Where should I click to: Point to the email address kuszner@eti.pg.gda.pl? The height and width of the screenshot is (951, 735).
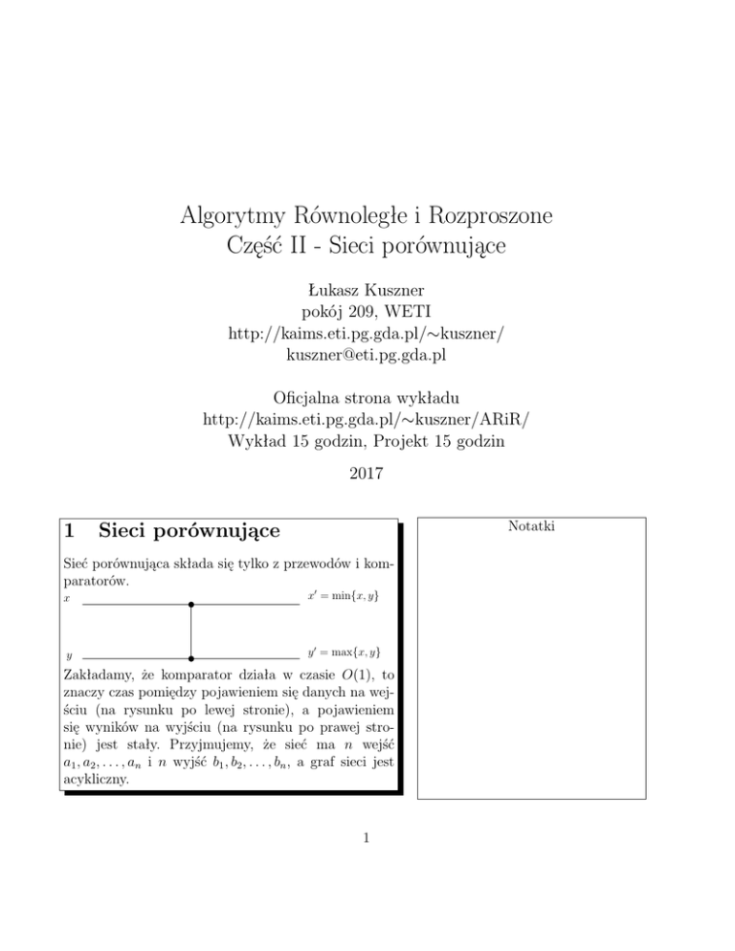[x=367, y=356]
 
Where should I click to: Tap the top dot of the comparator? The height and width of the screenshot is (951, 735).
[x=191, y=605]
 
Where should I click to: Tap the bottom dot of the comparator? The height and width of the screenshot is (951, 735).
[x=191, y=659]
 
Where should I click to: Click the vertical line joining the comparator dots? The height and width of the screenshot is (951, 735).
[x=191, y=631]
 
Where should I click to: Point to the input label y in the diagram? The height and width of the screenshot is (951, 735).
[x=70, y=658]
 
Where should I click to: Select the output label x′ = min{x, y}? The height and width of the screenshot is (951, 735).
[x=343, y=597]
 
